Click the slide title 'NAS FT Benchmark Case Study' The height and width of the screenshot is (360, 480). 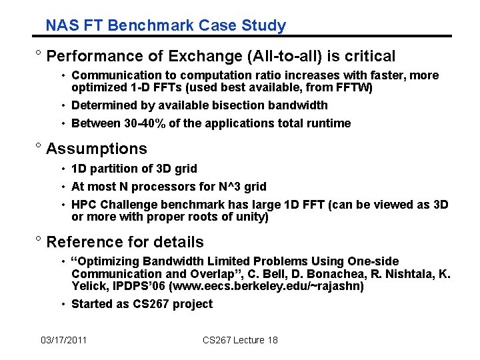pyautogui.click(x=165, y=26)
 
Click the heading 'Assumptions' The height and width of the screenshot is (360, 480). pyautogui.click(x=97, y=149)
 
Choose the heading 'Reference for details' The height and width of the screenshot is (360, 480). pyautogui.click(x=125, y=242)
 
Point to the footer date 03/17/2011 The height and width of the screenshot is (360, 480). pyautogui.click(x=63, y=341)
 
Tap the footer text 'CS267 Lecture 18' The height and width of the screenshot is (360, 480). pyautogui.click(x=240, y=341)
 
